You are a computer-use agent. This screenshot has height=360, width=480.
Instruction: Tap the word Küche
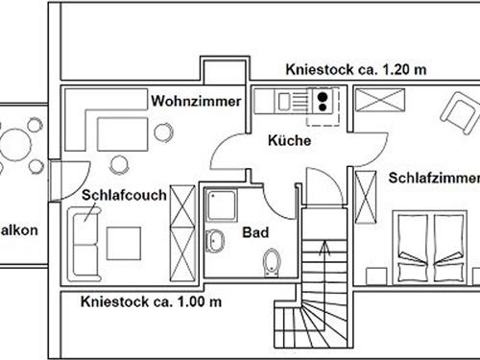tap(290, 141)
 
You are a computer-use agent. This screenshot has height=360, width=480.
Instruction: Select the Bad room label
tap(254, 232)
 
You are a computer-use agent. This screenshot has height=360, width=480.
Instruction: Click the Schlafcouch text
tap(124, 195)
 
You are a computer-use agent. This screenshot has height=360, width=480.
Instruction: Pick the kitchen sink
tap(285, 99)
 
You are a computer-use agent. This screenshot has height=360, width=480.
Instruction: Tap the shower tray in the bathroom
tap(223, 205)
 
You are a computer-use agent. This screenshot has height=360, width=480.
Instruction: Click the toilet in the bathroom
tap(273, 260)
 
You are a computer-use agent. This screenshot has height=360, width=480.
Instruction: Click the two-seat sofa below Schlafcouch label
tap(84, 240)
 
